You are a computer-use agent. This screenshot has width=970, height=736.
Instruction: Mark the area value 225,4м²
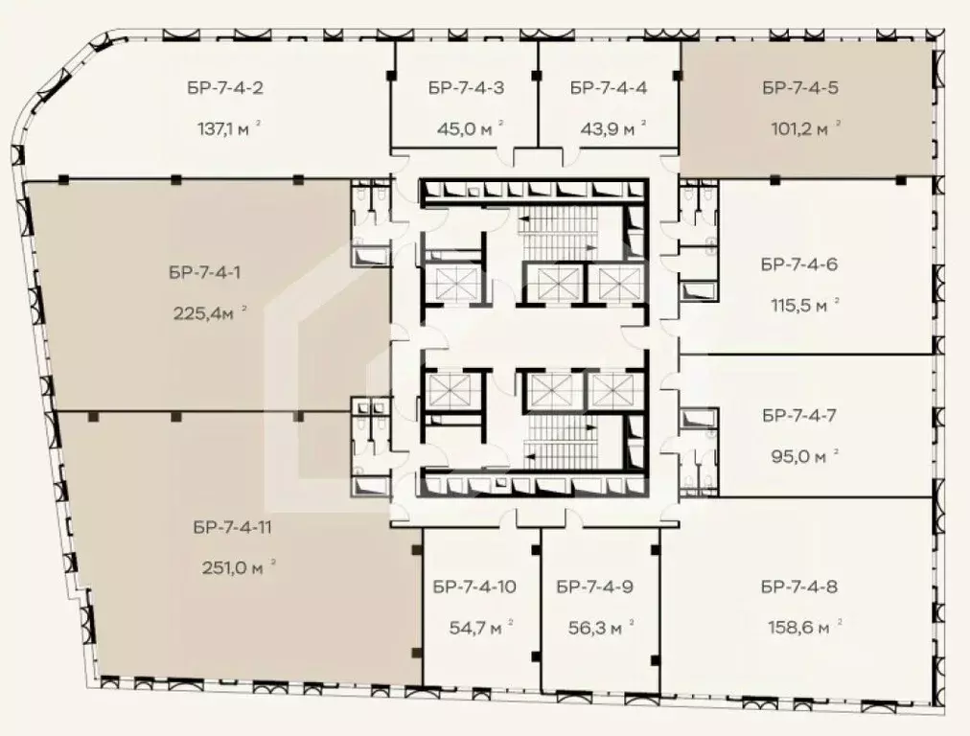coord(209,311)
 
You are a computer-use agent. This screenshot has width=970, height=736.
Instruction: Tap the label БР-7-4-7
coord(799,416)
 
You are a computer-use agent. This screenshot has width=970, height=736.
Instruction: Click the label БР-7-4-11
coord(233,526)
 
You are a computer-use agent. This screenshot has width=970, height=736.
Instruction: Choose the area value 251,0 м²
coord(234,566)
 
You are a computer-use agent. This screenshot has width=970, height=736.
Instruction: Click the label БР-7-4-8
coord(799,586)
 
